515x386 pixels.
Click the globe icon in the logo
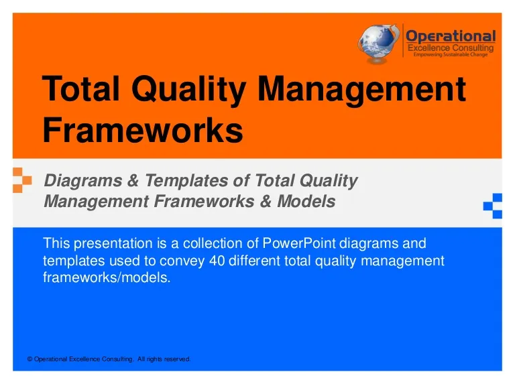pos(378,44)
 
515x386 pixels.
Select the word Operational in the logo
pos(451,36)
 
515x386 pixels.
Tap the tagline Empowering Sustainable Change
pos(451,54)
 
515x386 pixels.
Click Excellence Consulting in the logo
pos(451,48)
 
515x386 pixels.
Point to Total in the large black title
pos(80,88)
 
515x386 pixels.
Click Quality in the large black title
pos(189,90)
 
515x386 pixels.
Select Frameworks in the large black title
pos(143,129)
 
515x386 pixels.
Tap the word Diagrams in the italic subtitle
pos(83,181)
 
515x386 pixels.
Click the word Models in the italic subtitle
pos(306,201)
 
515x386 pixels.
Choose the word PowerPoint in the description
pos(299,243)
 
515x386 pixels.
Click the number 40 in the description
pos(217,261)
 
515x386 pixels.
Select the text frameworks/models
pos(107,277)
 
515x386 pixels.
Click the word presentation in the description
pos(113,243)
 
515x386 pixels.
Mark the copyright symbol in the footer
pos(30,359)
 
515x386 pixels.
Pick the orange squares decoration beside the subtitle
pos(22,180)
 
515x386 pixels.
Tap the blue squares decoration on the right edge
pos(493,206)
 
